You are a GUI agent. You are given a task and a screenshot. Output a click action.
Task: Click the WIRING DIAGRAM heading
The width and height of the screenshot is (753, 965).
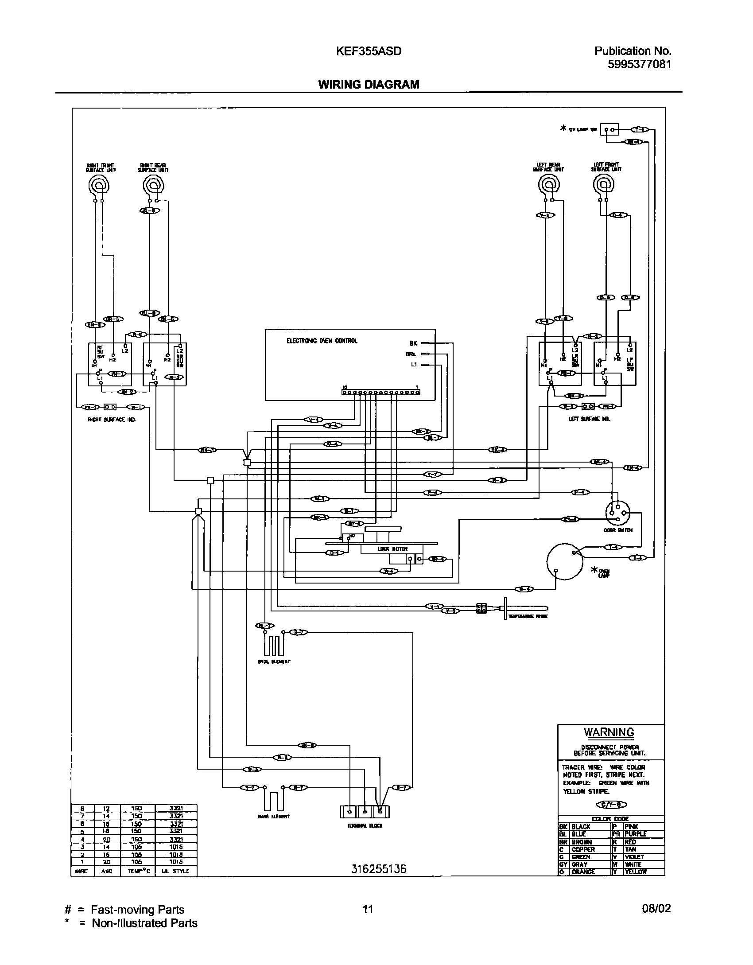tap(369, 84)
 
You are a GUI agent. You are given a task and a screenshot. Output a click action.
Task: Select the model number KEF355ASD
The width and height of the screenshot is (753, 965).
tap(369, 51)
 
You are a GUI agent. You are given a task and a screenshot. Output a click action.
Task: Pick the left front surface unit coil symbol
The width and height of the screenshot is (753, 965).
tap(603, 184)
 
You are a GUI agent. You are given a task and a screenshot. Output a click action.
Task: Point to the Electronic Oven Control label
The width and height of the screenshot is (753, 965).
tap(322, 341)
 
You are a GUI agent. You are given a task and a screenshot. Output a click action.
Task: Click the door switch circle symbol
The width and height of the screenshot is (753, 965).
tap(618, 513)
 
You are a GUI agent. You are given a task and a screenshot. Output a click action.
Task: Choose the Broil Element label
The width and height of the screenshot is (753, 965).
tap(274, 661)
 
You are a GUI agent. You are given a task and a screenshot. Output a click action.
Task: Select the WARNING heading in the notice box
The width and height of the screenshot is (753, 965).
tap(609, 732)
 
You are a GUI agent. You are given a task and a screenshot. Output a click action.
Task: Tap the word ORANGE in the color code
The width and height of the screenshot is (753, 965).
tap(583, 872)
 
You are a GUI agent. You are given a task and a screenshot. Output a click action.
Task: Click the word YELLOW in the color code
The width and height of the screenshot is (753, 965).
tap(636, 872)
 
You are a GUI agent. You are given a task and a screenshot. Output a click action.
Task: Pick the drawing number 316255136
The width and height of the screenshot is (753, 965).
tap(378, 869)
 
